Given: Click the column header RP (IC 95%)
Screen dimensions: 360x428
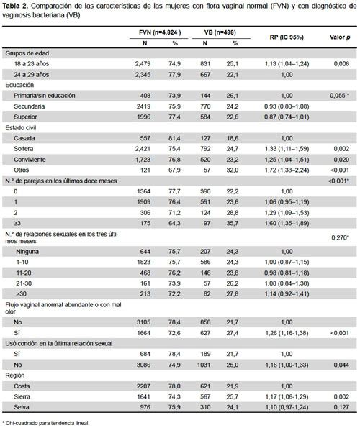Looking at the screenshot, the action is coord(287,37).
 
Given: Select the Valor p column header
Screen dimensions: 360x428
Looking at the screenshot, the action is coord(340,37).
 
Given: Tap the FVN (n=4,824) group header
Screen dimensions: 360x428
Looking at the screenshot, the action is coord(160,32).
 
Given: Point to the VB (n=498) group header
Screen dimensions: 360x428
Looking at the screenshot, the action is coord(220,32).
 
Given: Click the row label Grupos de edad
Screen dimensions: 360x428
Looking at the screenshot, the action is coord(27,53).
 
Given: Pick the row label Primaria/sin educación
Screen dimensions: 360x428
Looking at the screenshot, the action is coord(45,96).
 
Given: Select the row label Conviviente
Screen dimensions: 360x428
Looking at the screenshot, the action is coord(30,160).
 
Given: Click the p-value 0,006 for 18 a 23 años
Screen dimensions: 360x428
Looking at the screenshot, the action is coord(341,64).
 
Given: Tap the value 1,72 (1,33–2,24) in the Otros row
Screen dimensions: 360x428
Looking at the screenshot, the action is coord(287,170).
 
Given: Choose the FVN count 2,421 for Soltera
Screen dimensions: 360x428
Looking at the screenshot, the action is coord(143,149).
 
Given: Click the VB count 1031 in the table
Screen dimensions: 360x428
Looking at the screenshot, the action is coord(204,365).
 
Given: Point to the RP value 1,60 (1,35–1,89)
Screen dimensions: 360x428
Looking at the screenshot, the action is coord(287,223).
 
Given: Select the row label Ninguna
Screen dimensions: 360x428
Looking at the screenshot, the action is coord(27,251).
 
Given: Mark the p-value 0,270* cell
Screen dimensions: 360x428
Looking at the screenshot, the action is coord(341,237).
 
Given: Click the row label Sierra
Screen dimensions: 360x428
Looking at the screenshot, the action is coord(22,396).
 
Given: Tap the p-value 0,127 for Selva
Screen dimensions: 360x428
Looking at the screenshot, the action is coord(341,407).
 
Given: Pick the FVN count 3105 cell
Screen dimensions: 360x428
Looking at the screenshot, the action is coord(144,322).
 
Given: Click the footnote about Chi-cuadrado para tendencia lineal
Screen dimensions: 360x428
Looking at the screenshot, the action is coord(45,423).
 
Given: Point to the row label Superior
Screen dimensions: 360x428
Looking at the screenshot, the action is coord(25,117).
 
